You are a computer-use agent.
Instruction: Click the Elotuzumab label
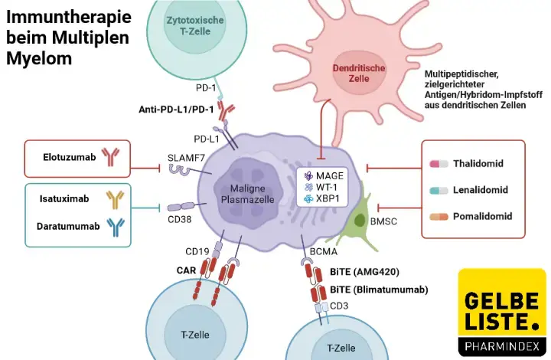70,158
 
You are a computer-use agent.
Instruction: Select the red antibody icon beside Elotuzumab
110,158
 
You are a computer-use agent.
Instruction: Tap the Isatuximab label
64,198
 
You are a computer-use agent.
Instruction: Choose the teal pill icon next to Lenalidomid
439,189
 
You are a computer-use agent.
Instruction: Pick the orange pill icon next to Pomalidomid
439,216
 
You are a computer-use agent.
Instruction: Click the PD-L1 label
207,139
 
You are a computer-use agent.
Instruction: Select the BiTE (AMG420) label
364,271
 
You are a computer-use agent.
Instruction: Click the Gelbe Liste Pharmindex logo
501,313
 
